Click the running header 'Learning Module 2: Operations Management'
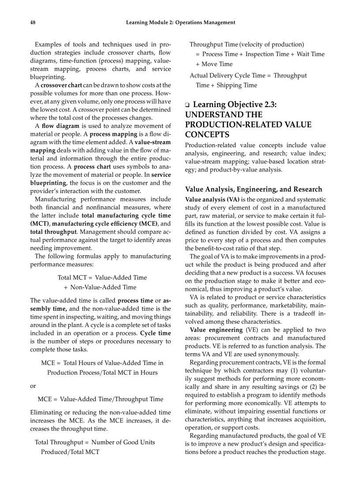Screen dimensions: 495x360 (180, 22)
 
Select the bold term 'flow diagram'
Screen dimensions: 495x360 (61, 126)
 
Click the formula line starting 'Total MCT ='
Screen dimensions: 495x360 (102, 277)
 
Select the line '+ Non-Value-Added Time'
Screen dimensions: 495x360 (100, 287)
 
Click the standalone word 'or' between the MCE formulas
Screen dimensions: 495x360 (33, 386)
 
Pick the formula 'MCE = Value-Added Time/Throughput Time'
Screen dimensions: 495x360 (100, 399)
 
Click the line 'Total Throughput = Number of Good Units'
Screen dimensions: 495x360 (95, 442)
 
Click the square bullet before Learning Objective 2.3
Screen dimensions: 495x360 (187, 105)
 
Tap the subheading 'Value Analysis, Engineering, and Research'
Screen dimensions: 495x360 (253, 189)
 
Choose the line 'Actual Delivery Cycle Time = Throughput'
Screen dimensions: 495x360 (248, 75)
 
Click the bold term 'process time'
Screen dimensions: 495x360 (135, 301)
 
